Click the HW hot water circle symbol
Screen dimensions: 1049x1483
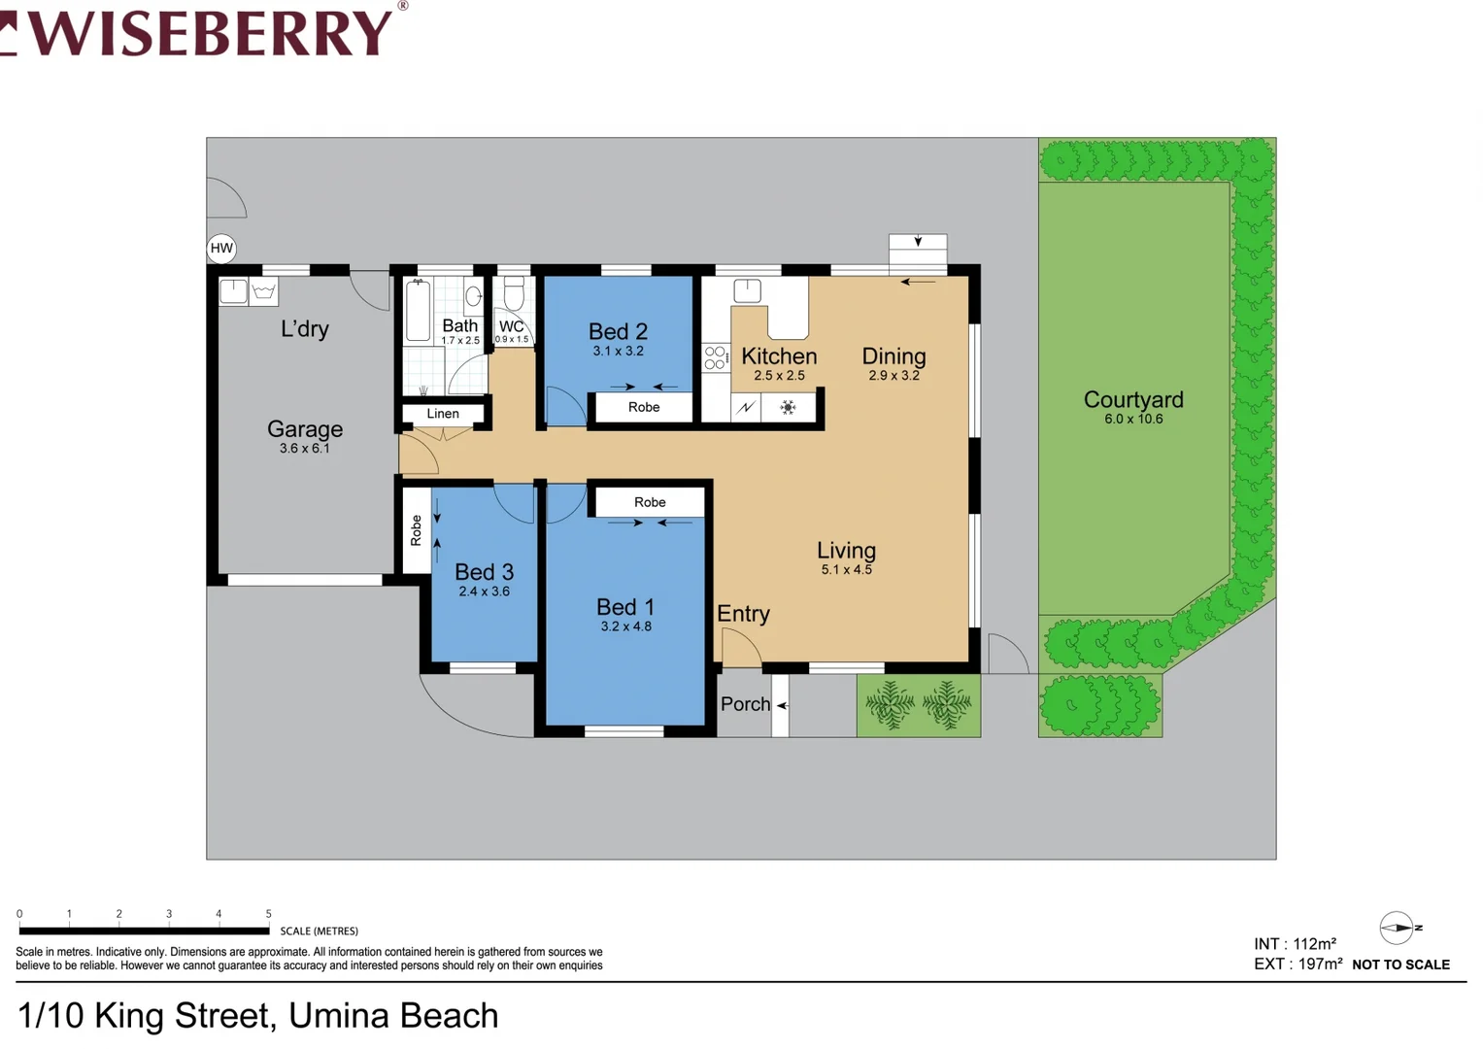pos(221,248)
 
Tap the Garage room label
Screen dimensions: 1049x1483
pos(305,428)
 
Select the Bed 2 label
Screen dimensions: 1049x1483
pos(618,331)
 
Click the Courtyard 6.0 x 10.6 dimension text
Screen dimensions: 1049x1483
pos(1132,420)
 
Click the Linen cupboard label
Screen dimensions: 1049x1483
pos(443,414)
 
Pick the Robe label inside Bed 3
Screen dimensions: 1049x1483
pos(417,530)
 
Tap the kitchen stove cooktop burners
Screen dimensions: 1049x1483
pos(716,357)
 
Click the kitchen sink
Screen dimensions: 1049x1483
pos(747,290)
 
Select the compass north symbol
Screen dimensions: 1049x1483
pos(1398,928)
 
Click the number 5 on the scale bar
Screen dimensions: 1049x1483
pos(268,914)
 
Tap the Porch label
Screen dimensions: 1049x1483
pos(745,704)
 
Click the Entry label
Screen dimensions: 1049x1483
pos(743,614)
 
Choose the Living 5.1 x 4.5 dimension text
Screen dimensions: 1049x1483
pos(846,570)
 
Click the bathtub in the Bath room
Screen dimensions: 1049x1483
pos(419,311)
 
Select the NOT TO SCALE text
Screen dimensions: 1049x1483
pos(1400,964)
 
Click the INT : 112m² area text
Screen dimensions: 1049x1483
pos(1295,944)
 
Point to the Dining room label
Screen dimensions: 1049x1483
pos(893,356)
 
